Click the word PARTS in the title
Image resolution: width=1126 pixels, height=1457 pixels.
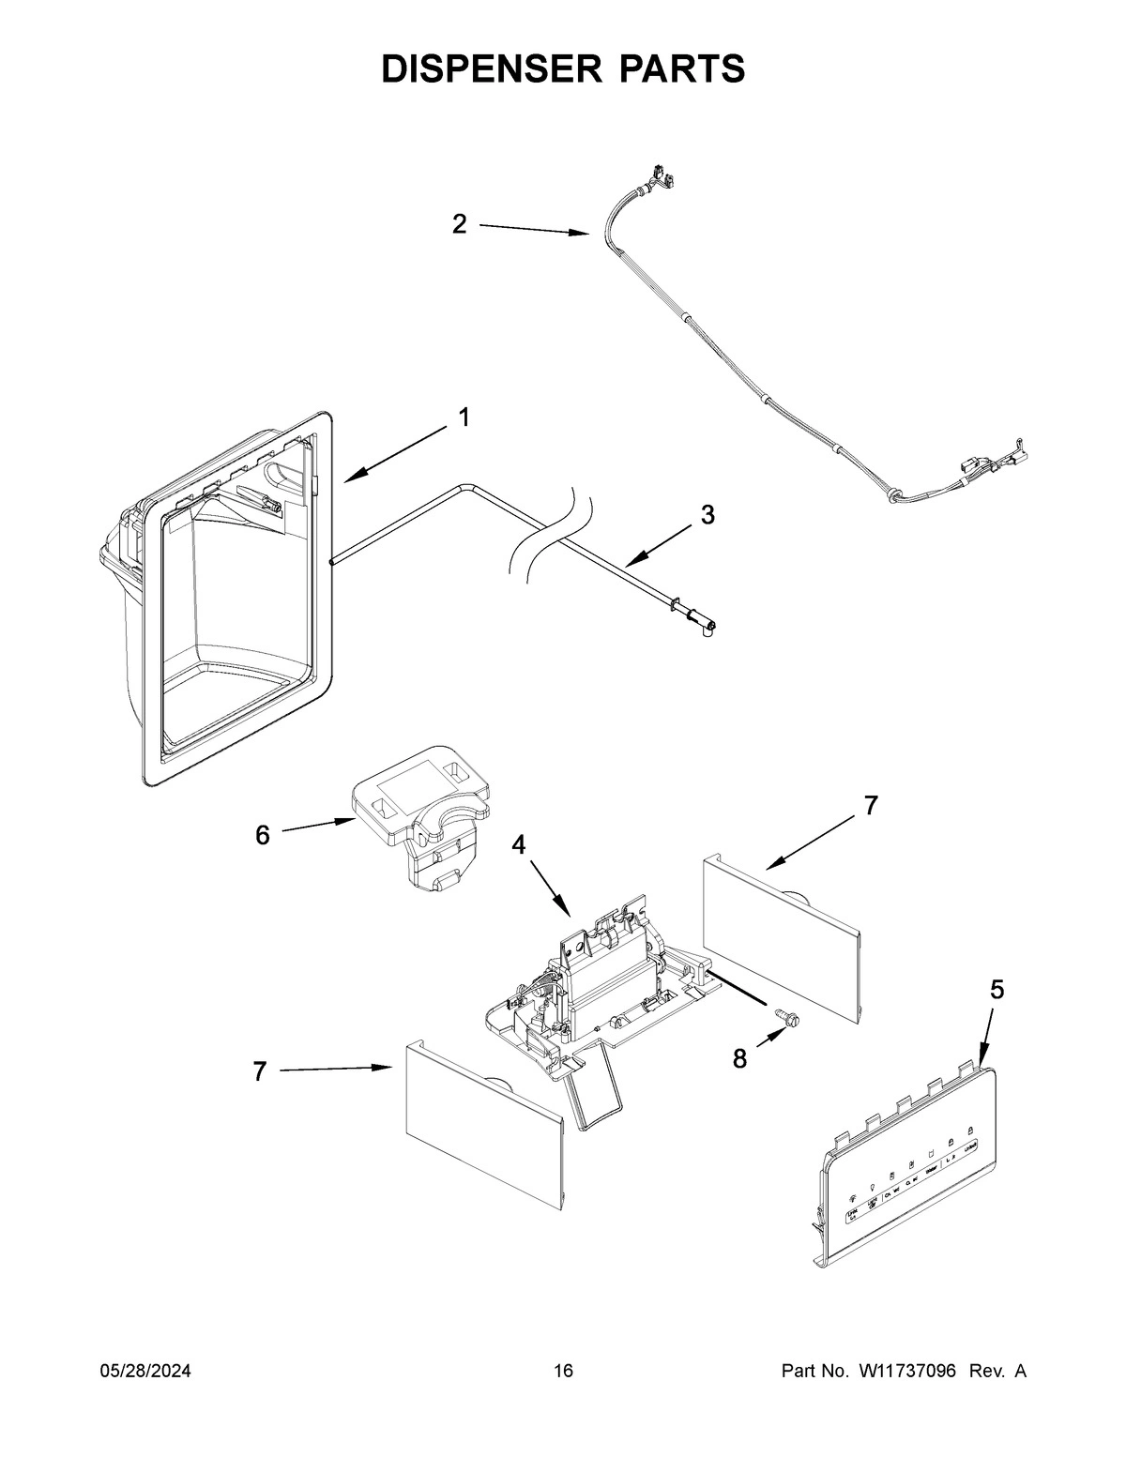coord(674,68)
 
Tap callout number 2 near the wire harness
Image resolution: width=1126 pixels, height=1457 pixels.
coord(459,224)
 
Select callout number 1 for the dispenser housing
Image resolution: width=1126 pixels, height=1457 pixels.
coord(464,417)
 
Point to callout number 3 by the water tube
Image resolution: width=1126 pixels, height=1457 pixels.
coord(708,514)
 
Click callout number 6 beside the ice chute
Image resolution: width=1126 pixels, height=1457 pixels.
coord(263,834)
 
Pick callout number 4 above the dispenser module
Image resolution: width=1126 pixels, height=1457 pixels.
coord(518,844)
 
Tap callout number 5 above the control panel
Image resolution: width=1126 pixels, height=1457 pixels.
coord(997,988)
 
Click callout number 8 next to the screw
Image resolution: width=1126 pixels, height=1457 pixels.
coord(739,1058)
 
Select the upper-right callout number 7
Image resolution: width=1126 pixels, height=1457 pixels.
coord(871,805)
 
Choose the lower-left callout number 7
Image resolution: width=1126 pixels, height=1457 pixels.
coord(260,1070)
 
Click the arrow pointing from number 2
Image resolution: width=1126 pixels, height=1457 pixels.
coord(535,230)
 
